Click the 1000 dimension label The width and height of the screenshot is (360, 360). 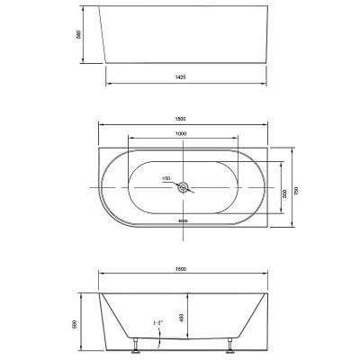point(183,135)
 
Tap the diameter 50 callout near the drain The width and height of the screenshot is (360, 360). point(166,178)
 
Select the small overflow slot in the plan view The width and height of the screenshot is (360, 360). point(183,218)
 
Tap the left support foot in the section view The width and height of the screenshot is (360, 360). point(136,343)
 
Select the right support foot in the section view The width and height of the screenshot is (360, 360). point(236,343)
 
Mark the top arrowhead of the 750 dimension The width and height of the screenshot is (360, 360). point(296,148)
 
